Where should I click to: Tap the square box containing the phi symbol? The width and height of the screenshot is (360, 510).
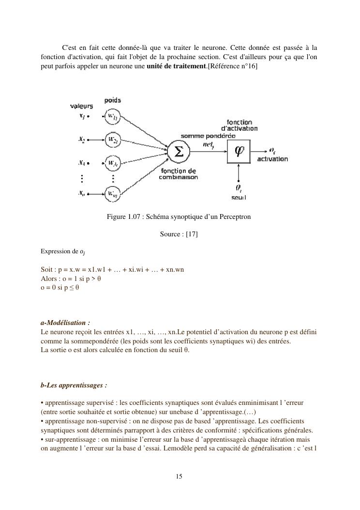[x=240, y=151]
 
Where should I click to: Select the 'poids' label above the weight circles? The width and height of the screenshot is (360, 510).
[x=113, y=100]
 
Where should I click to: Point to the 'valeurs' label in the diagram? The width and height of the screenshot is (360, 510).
[x=82, y=106]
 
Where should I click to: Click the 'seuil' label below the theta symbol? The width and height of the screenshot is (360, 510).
[x=239, y=197]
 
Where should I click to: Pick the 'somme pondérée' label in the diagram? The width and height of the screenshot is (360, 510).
[x=208, y=136]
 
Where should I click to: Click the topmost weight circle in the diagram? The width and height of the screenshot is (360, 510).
[x=112, y=116]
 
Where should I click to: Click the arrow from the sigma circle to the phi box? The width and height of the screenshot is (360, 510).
[x=208, y=151]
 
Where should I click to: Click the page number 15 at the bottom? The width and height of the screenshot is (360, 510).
[x=179, y=477]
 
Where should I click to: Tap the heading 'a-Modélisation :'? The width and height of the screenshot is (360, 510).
[x=65, y=323]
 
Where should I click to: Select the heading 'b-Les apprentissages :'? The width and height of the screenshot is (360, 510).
[x=74, y=386]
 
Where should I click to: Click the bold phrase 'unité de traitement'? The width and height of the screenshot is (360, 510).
[x=176, y=65]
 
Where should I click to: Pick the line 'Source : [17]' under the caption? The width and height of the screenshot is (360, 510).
[x=179, y=234]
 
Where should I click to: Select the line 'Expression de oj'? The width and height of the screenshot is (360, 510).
[x=63, y=252]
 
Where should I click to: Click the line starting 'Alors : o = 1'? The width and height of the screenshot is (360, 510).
[x=71, y=278]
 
